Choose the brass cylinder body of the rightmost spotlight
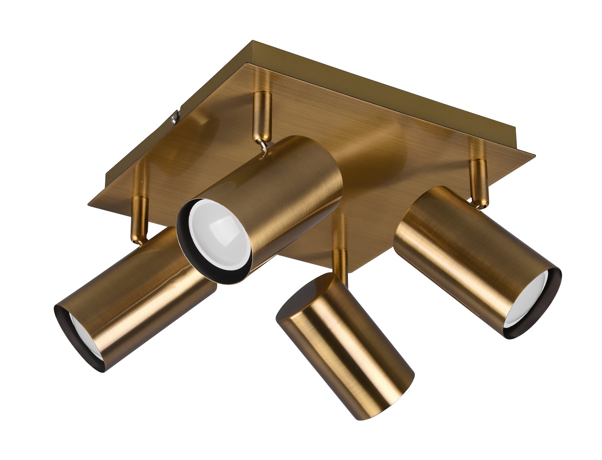(x=459, y=249)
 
